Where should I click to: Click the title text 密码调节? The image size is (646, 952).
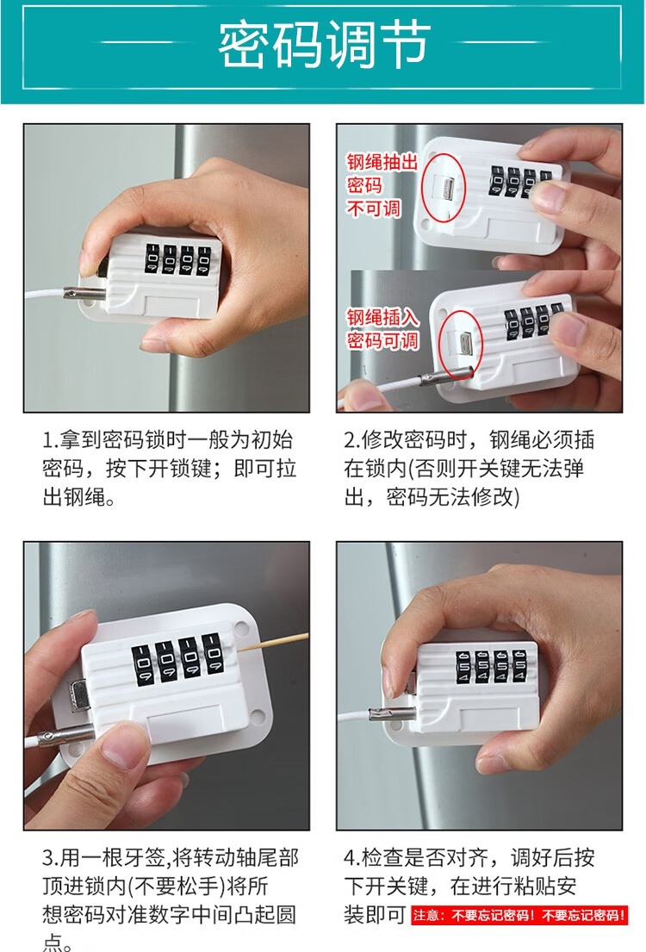[x=324, y=44]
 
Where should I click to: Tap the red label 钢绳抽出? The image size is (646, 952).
[x=382, y=162]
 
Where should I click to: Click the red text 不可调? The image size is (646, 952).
[x=374, y=208]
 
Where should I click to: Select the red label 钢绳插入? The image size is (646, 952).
[x=382, y=317]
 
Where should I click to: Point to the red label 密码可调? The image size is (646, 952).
[x=382, y=340]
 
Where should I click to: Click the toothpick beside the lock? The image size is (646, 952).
[x=274, y=643]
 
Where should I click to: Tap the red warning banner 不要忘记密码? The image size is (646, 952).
[x=519, y=915]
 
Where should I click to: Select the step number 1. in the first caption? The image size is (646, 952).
[x=50, y=439]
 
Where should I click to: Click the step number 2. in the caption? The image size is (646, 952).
[x=352, y=439]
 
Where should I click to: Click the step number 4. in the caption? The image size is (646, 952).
[x=352, y=858]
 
